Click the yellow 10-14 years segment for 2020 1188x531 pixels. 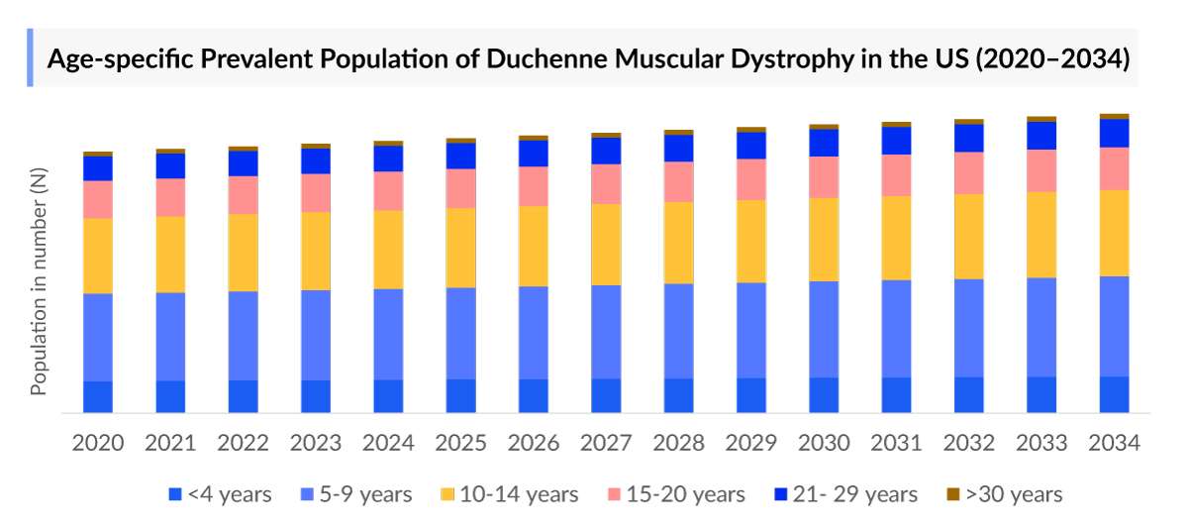click(x=97, y=256)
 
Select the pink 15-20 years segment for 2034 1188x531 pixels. click(x=1114, y=168)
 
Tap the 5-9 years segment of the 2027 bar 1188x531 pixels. click(x=606, y=332)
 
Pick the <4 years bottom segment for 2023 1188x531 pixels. click(x=316, y=395)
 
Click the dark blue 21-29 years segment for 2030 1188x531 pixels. click(x=824, y=143)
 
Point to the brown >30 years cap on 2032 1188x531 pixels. click(x=969, y=121)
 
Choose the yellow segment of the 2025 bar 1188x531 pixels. click(x=460, y=248)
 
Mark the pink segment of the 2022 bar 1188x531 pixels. click(x=243, y=195)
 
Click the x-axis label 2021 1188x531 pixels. click(x=170, y=442)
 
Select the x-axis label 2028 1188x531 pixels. click(x=679, y=442)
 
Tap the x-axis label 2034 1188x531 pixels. click(x=1114, y=442)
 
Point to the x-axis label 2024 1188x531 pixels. click(x=388, y=442)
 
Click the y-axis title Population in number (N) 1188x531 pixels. click(x=39, y=281)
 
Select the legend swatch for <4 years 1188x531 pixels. click(x=175, y=494)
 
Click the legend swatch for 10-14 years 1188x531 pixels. click(x=446, y=494)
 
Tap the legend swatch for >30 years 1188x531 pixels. click(x=953, y=494)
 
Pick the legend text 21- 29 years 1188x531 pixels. click(x=855, y=494)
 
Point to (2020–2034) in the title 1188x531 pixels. click(x=1052, y=58)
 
